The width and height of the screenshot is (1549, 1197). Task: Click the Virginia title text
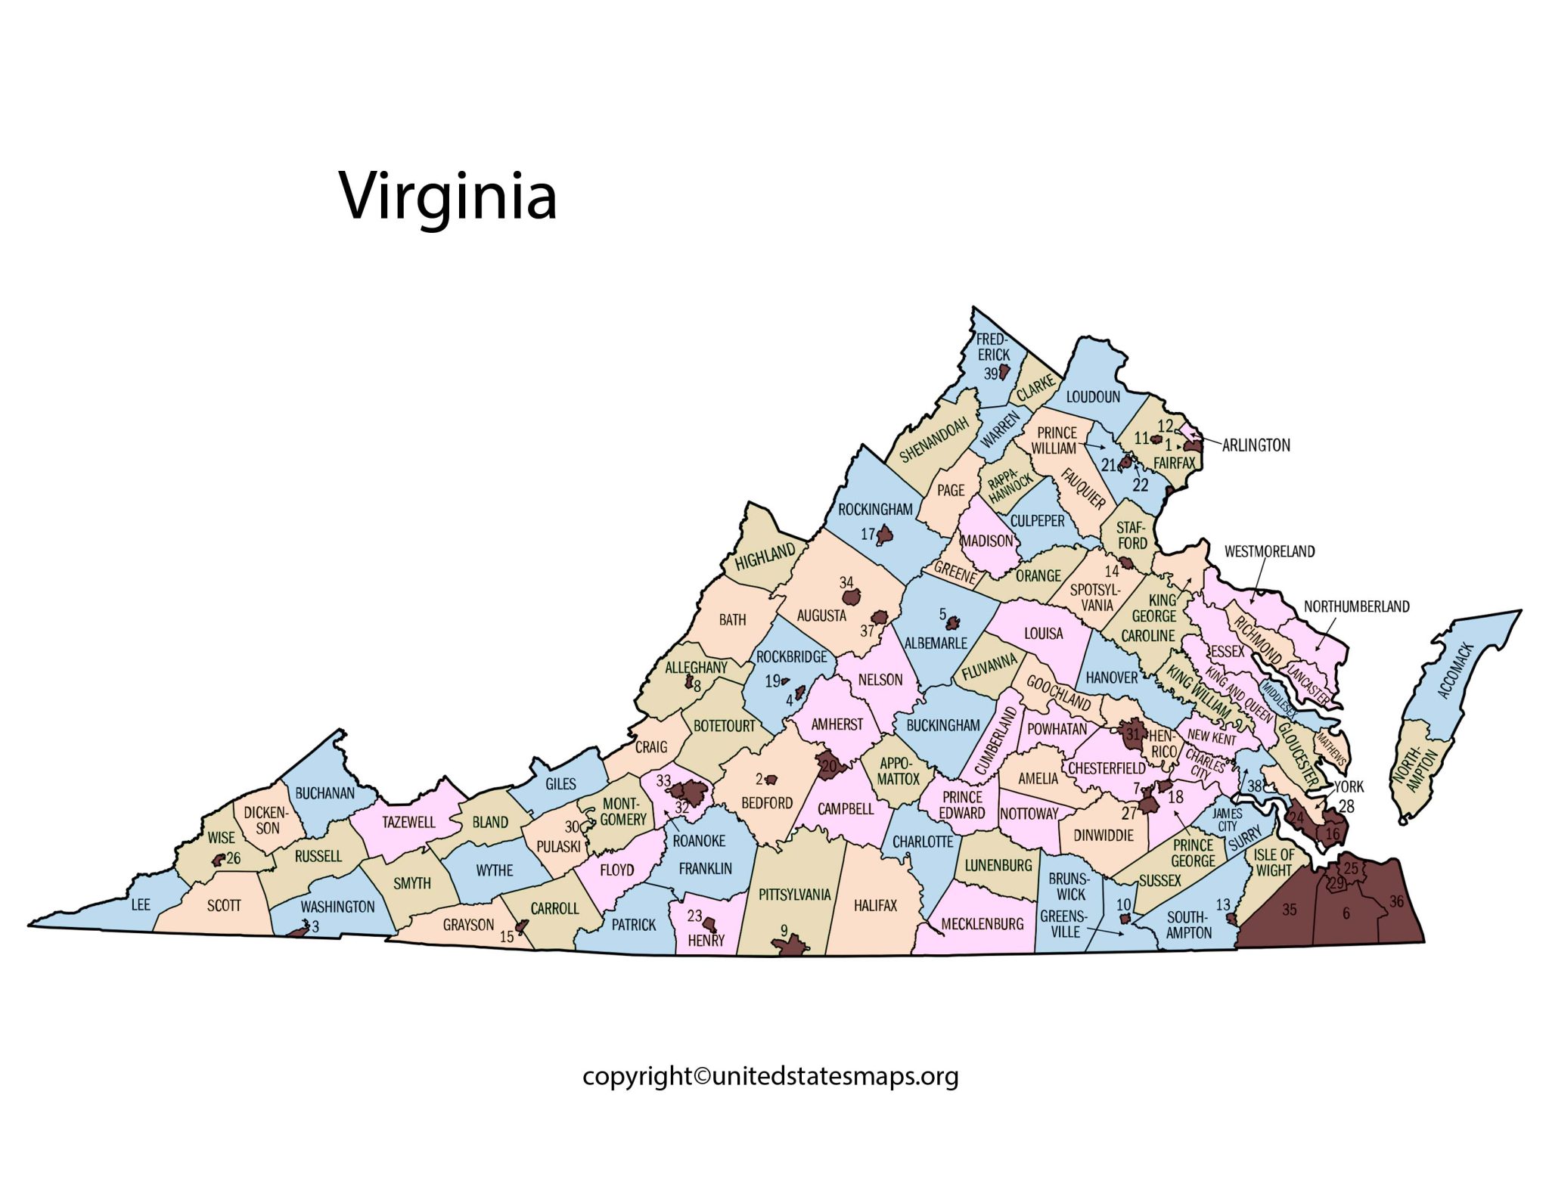point(448,197)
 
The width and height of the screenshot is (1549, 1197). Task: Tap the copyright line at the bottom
point(770,1075)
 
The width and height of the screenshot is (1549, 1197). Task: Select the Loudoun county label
point(1092,396)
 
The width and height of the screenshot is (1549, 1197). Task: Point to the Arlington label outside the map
point(1256,445)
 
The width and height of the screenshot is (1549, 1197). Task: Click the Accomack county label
point(1453,671)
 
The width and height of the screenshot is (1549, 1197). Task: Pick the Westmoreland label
point(1269,551)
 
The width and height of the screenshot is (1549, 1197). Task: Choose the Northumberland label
point(1356,606)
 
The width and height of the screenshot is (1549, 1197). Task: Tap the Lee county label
point(141,904)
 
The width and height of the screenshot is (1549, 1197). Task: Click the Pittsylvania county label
point(794,895)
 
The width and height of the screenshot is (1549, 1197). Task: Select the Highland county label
point(765,557)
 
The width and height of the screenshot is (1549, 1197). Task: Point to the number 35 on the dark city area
point(1289,910)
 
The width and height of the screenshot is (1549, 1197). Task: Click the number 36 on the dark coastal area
point(1396,901)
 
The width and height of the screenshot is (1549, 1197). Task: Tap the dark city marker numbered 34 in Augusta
point(853,599)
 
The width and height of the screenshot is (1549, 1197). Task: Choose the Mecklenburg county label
point(982,923)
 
